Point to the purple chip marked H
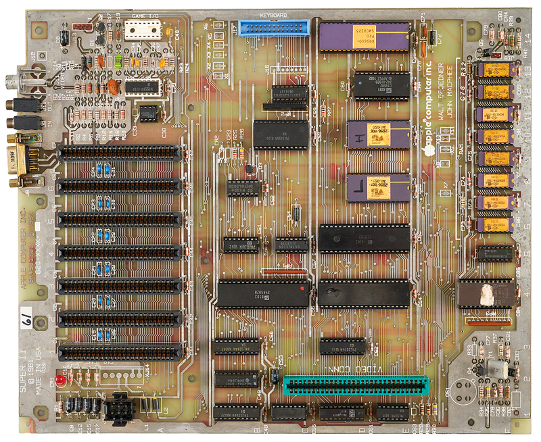377,134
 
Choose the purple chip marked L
377,187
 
